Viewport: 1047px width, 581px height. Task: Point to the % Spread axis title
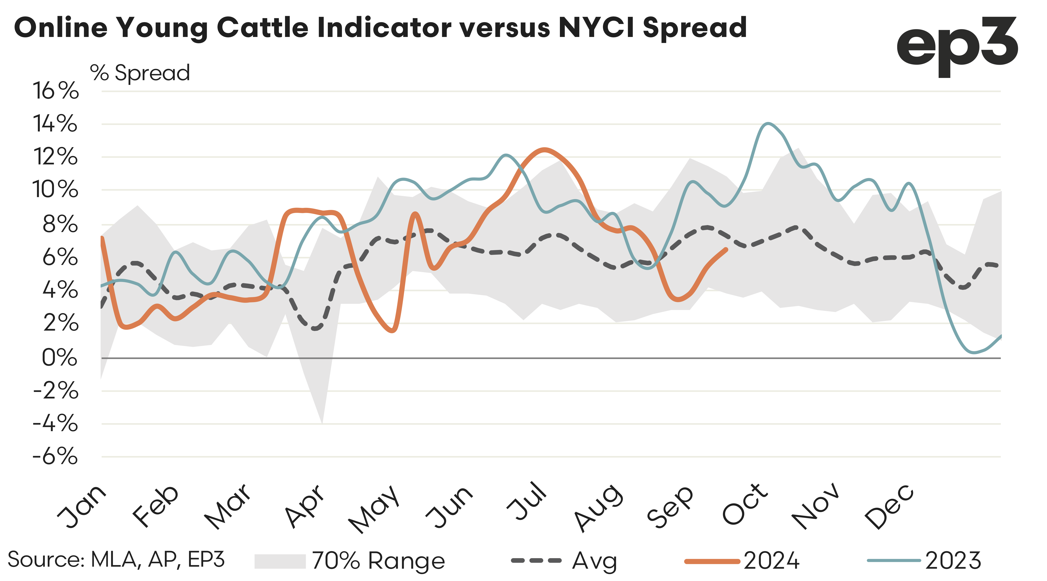[140, 73]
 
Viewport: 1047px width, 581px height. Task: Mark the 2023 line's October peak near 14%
[767, 123]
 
